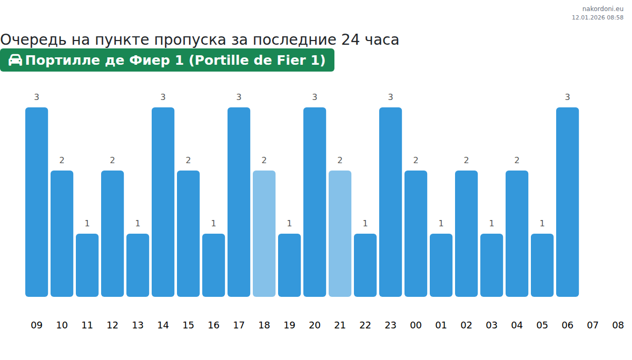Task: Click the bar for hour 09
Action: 36,202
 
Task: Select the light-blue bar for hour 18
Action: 264,234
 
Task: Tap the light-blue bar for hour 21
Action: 340,234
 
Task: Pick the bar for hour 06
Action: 567,202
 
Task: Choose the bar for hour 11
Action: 87,265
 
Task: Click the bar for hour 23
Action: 390,202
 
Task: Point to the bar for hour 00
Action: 416,234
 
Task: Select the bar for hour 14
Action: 163,202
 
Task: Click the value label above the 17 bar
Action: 239,97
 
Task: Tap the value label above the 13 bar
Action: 137,224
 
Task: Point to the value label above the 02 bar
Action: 466,161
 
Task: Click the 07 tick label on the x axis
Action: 592,325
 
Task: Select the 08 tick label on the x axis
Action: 618,325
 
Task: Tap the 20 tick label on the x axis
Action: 314,325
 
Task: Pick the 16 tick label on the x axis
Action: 213,325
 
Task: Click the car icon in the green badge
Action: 15,60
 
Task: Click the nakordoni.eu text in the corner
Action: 603,9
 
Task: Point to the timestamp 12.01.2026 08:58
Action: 597,17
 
